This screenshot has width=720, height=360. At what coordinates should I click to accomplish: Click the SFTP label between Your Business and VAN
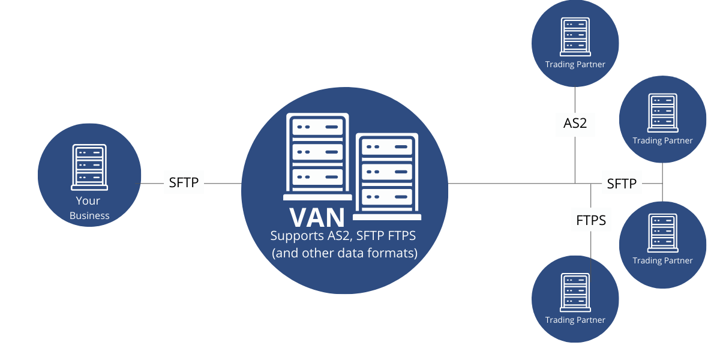coord(184,182)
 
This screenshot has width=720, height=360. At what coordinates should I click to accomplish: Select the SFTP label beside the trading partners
coord(621,183)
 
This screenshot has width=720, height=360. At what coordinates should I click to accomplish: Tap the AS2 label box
coord(575,124)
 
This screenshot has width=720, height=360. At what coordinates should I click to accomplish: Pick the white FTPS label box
coord(590,220)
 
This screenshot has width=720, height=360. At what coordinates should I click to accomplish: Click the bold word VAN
coord(317,217)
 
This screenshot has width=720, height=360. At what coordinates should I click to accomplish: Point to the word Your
coord(88,201)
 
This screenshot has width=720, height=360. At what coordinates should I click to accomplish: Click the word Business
coord(89,215)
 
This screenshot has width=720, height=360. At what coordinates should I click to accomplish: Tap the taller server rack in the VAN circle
coord(317,157)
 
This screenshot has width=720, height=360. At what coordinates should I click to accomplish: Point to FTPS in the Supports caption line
coord(400,236)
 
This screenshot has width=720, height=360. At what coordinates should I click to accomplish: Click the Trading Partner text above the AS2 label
coord(575,65)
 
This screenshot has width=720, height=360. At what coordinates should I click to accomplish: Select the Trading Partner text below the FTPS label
coord(575,320)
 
